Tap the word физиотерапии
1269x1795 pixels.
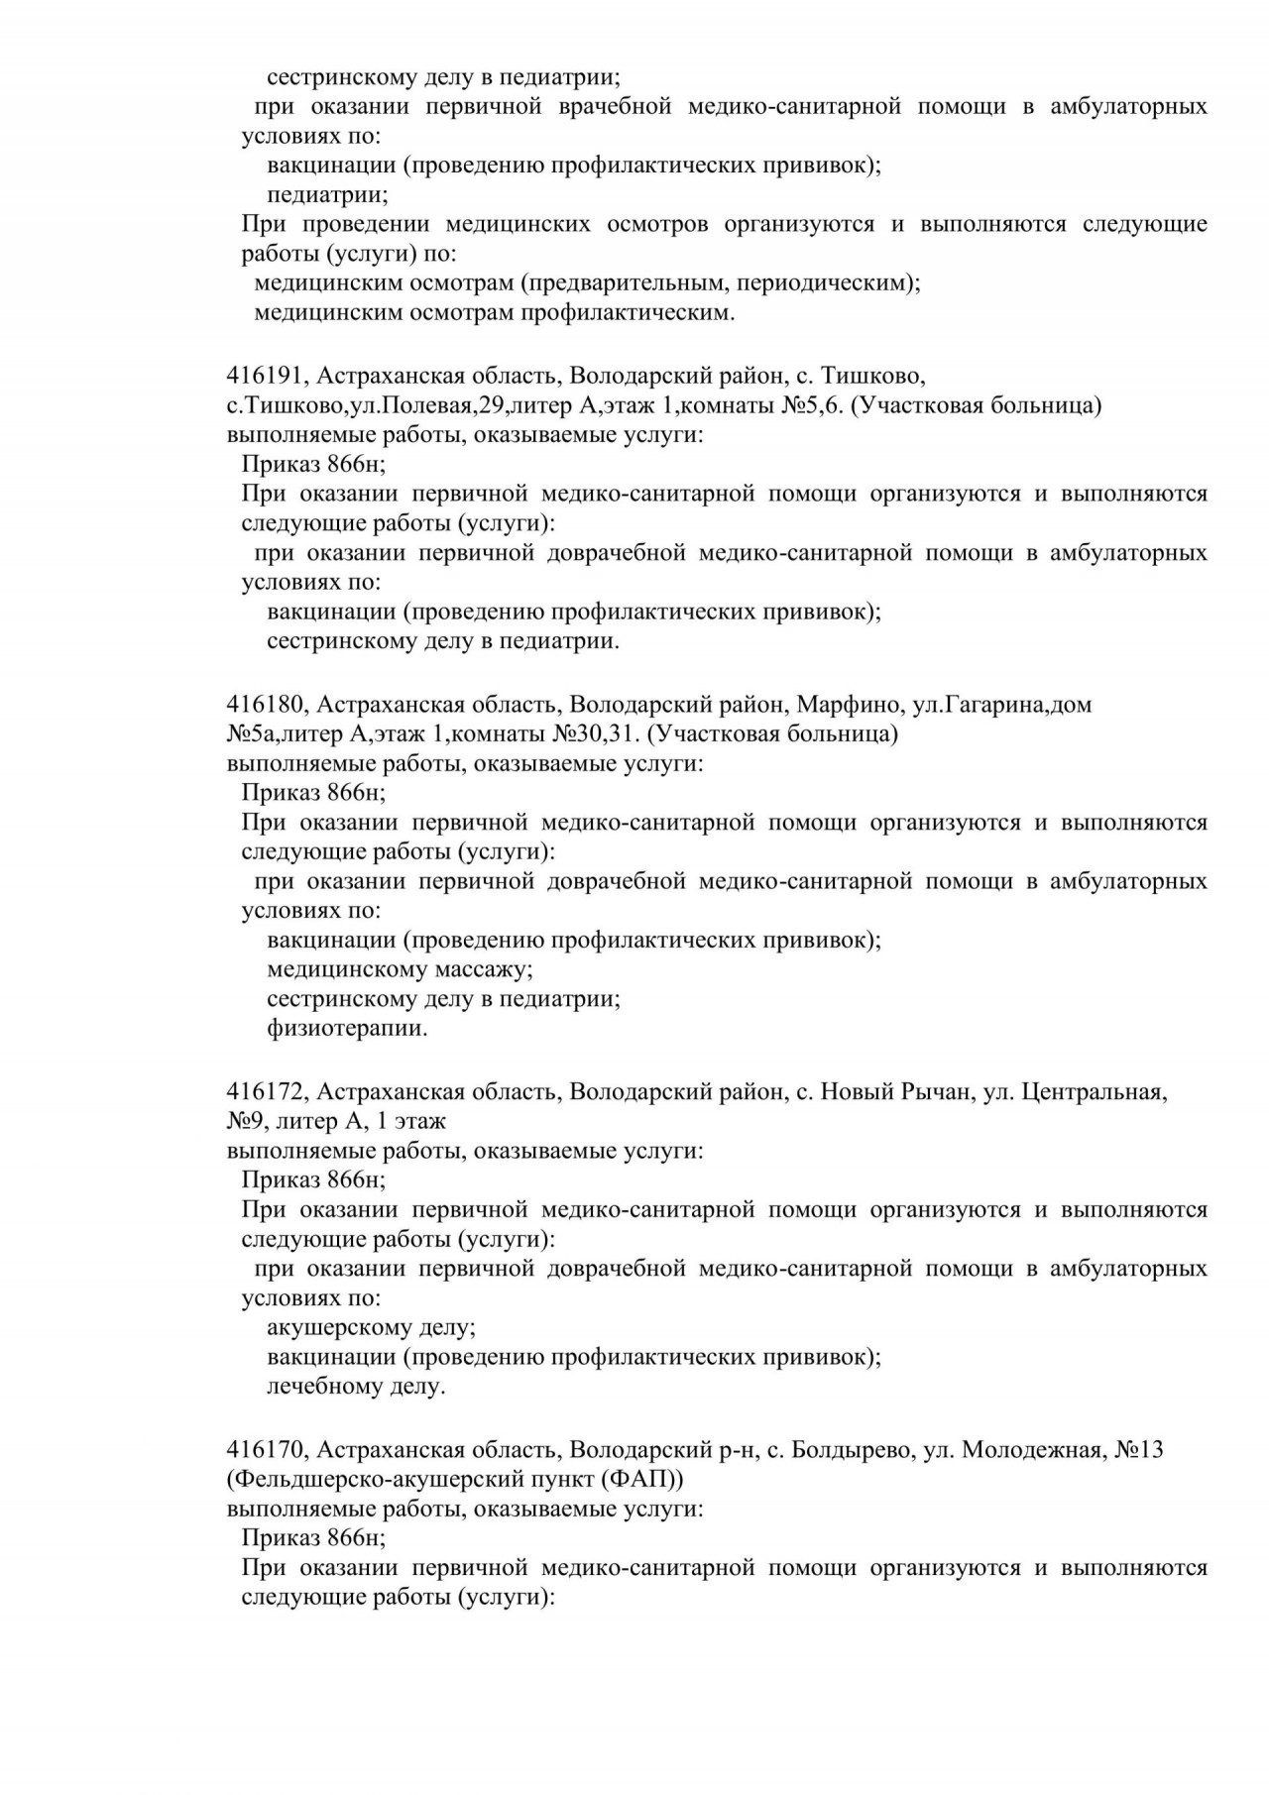pyautogui.click(x=347, y=1029)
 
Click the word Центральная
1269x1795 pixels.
pyautogui.click(x=1094, y=1092)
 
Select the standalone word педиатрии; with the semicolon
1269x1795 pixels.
pyautogui.click(x=327, y=194)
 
